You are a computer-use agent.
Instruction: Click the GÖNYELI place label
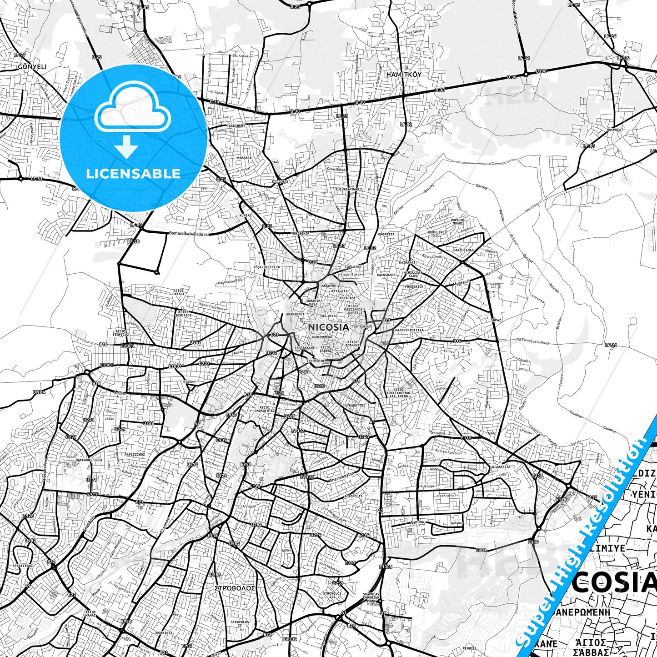(x=32, y=67)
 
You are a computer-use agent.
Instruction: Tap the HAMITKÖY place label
(x=403, y=74)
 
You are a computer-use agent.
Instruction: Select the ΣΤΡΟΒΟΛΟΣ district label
(x=235, y=588)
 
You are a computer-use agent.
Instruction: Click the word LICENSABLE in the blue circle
(x=133, y=173)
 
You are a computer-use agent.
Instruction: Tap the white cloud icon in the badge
(x=132, y=110)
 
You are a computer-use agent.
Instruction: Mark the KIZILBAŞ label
(x=280, y=181)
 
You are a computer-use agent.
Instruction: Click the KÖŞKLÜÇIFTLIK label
(x=267, y=267)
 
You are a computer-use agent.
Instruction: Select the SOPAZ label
(x=496, y=320)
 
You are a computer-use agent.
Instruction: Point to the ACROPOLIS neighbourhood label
(x=353, y=496)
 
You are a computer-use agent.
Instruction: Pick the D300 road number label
(x=541, y=71)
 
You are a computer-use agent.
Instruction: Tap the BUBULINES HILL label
(x=437, y=234)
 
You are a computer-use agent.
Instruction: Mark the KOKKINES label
(x=164, y=632)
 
